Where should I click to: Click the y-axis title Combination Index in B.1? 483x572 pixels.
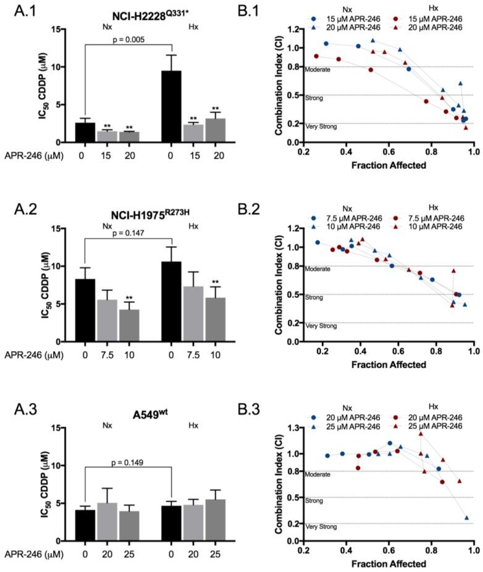(279, 86)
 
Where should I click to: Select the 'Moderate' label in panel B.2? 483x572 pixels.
(317, 270)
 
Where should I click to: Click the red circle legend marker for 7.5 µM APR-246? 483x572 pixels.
(398, 217)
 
